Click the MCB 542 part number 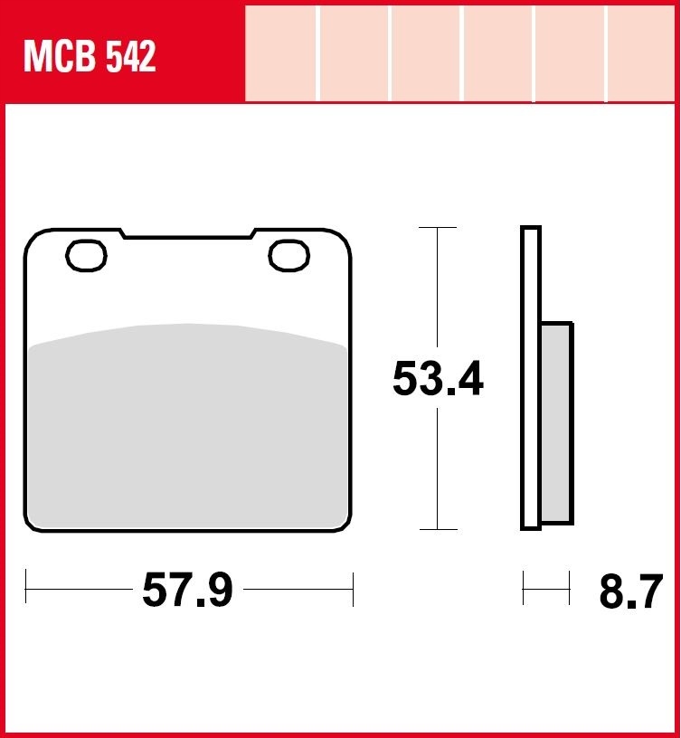click(90, 56)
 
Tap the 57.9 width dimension click(187, 590)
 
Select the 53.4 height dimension click(438, 379)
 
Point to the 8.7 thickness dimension click(630, 591)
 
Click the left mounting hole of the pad click(86, 256)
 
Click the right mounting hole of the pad click(289, 256)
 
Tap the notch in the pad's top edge click(188, 233)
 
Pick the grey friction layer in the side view click(556, 422)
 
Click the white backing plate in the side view click(530, 378)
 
